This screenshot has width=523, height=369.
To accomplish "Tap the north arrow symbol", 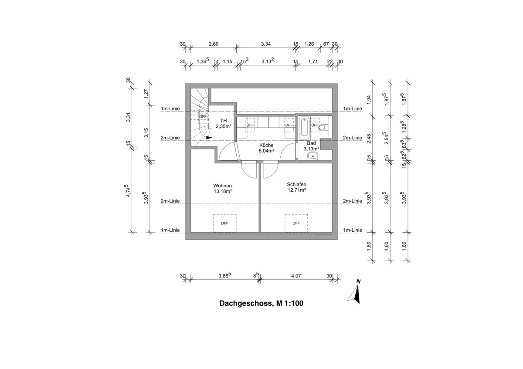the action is (x=355, y=293).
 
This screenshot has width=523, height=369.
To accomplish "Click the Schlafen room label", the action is (x=296, y=184).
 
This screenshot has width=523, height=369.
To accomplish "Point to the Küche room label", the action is (x=266, y=145).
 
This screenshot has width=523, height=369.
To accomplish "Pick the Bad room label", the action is (x=311, y=143).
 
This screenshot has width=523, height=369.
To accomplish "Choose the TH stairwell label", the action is (x=223, y=121).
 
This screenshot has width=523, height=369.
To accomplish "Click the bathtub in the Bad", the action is (x=303, y=127).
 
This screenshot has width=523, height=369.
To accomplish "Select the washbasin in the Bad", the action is (x=312, y=156).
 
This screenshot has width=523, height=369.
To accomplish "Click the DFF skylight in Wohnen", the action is (x=224, y=223).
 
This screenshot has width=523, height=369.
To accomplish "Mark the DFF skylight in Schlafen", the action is (x=296, y=223).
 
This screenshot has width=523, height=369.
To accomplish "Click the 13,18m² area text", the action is (x=222, y=190).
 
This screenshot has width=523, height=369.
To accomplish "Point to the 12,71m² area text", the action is (x=296, y=190).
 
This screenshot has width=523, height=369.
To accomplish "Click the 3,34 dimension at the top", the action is (x=266, y=44).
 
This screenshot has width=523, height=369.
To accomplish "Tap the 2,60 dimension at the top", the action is (x=214, y=44).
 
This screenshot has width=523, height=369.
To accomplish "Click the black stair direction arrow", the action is (x=209, y=137).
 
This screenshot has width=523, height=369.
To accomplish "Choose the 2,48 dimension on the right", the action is (x=369, y=139).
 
